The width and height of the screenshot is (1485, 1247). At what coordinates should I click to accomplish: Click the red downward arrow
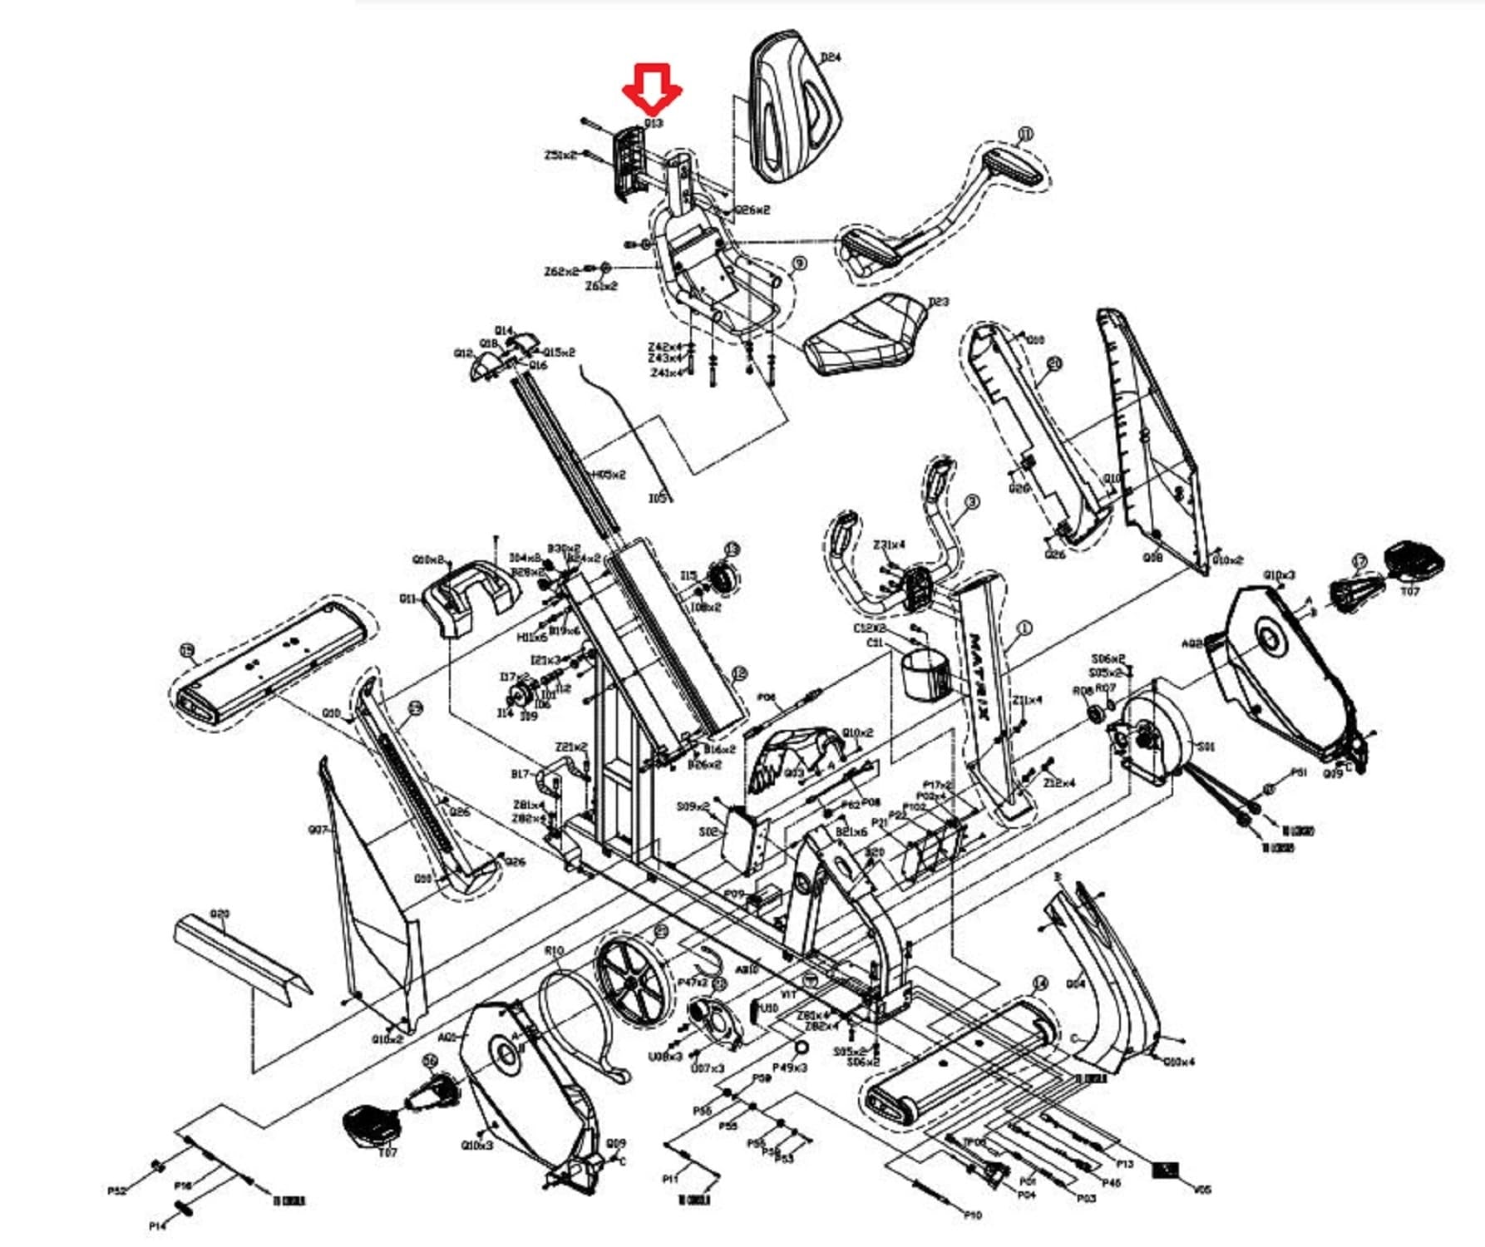click(x=653, y=89)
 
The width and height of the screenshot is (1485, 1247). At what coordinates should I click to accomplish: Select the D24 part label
click(x=830, y=57)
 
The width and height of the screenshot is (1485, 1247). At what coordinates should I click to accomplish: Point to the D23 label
click(x=938, y=302)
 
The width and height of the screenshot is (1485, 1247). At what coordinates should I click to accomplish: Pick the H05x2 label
click(x=609, y=475)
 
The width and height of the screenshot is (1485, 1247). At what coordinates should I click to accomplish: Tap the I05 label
click(x=657, y=498)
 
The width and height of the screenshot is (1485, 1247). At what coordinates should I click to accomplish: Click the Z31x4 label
click(x=889, y=545)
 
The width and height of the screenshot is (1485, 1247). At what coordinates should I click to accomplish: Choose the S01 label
click(x=1205, y=747)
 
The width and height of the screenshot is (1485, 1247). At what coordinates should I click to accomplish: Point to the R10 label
click(x=554, y=950)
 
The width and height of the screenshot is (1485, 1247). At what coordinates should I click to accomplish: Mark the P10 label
click(x=972, y=1215)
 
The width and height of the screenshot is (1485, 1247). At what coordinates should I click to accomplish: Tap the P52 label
click(x=117, y=1191)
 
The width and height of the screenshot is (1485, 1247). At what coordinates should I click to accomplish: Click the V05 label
click(x=1201, y=1190)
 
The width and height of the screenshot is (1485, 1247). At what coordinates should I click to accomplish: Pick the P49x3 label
click(x=790, y=1067)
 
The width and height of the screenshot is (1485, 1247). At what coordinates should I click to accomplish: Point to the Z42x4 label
click(x=664, y=347)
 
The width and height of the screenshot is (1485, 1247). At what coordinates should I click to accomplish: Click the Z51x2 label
click(x=560, y=155)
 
